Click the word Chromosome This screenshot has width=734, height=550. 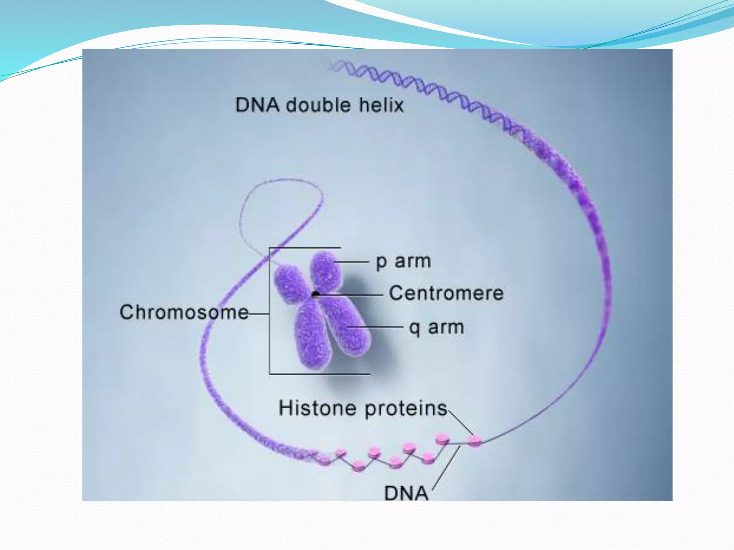coord(184,312)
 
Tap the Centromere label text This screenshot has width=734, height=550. coord(447,293)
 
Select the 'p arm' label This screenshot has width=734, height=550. coord(403,261)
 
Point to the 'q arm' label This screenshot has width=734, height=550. coord(437,327)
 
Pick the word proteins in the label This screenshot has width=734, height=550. coord(406,409)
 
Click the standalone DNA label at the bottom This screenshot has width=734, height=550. coord(406,493)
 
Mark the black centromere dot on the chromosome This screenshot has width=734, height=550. coord(316,295)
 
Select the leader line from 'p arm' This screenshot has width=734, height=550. coord(353,262)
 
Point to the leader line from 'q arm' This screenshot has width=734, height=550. coord(376,327)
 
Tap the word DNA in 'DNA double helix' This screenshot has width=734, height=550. coord(257,105)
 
